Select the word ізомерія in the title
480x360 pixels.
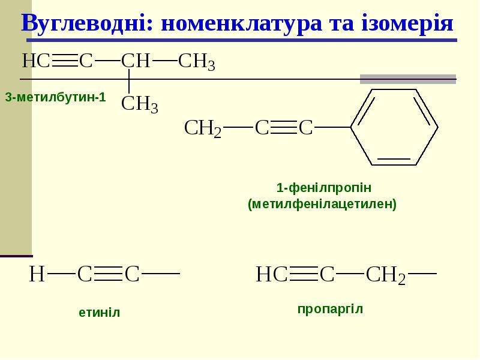[x=407, y=23]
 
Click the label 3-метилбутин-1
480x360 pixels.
[x=55, y=97]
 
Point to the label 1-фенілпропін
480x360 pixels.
[x=324, y=188]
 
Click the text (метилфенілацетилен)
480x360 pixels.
[x=322, y=204]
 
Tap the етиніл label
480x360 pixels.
[x=100, y=313]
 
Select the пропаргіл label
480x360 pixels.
[x=331, y=309]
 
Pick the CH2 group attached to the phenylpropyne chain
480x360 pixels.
[x=202, y=128]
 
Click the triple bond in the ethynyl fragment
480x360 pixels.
[x=109, y=274]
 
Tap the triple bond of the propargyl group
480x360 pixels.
[x=304, y=274]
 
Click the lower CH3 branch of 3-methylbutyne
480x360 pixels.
[x=140, y=104]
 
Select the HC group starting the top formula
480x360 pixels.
[x=36, y=61]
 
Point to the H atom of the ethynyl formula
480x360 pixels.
[x=37, y=274]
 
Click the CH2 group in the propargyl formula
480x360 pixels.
[x=386, y=274]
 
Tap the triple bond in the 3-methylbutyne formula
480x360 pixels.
[x=65, y=61]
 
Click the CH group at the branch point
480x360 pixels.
[x=136, y=61]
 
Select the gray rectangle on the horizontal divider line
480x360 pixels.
[x=408, y=79]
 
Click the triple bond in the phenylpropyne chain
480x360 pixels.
[x=284, y=127]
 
